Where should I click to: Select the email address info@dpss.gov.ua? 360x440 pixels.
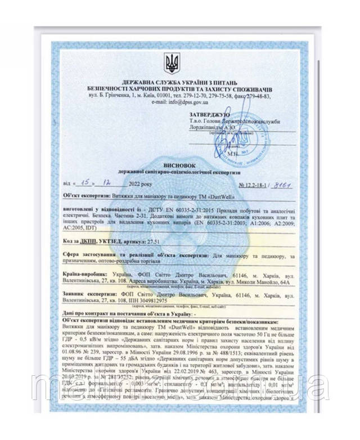pyautogui.click(x=193, y=103)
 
